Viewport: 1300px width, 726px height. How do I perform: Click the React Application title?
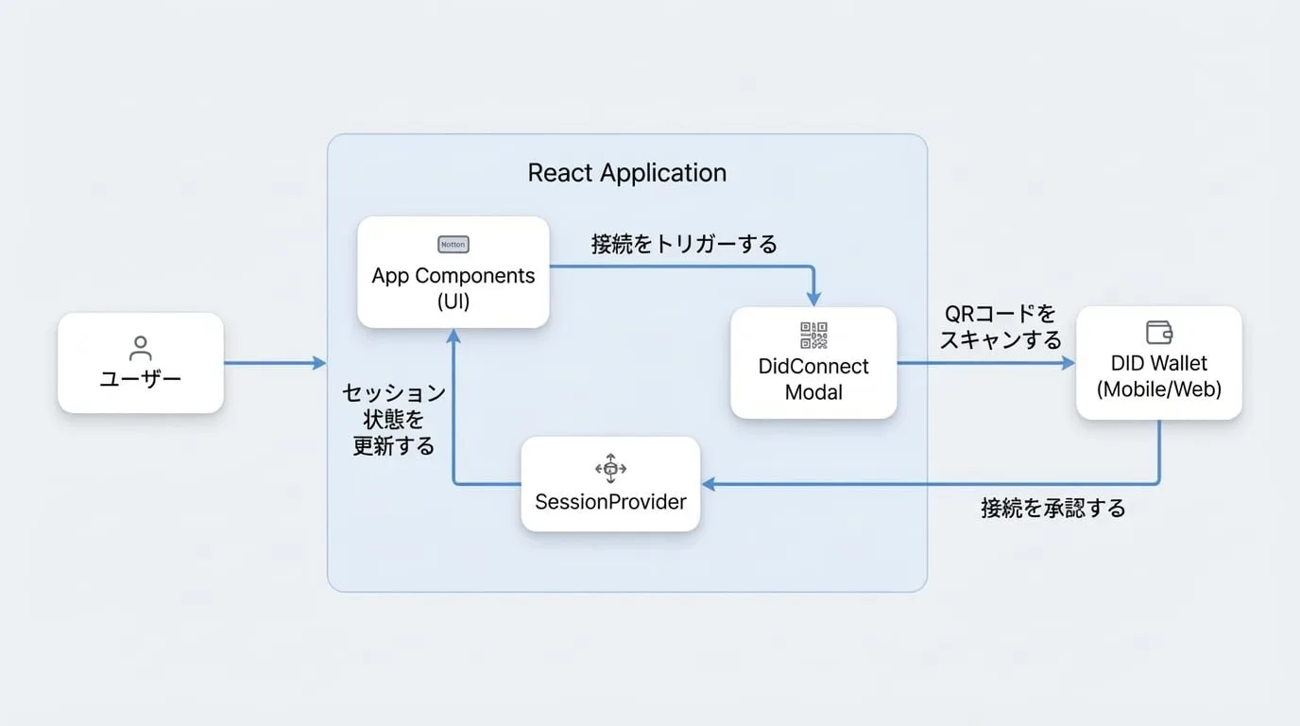pyautogui.click(x=626, y=173)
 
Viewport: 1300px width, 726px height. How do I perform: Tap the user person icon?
pyautogui.click(x=141, y=349)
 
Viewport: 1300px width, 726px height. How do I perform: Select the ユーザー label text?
pyautogui.click(x=141, y=379)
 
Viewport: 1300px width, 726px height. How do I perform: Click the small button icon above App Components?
pyautogui.click(x=453, y=245)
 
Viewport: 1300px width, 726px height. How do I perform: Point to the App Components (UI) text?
pyautogui.click(x=453, y=288)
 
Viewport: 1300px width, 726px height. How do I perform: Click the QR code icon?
pyautogui.click(x=813, y=336)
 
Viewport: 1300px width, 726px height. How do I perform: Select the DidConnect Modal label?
pyautogui.click(x=813, y=379)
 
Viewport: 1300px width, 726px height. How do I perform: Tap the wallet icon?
pyautogui.click(x=1159, y=333)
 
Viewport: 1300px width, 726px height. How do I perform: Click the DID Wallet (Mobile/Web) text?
pyautogui.click(x=1159, y=376)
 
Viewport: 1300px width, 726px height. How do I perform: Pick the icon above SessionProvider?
pyautogui.click(x=610, y=468)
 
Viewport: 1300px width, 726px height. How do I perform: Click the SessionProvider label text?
pyautogui.click(x=610, y=502)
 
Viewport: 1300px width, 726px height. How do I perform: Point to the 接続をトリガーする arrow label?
pyautogui.click(x=684, y=244)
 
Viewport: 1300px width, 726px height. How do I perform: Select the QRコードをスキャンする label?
pyautogui.click(x=1001, y=326)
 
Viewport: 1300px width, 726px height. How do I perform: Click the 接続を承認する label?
pyautogui.click(x=1053, y=509)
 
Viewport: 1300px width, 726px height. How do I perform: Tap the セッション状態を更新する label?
pyautogui.click(x=394, y=420)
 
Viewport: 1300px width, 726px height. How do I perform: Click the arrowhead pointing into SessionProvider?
pyautogui.click(x=708, y=484)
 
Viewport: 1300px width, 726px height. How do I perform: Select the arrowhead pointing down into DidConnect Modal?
pyautogui.click(x=813, y=299)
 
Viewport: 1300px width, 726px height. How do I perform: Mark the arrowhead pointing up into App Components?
pyautogui.click(x=453, y=336)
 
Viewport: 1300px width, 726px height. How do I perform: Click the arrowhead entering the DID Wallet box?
pyautogui.click(x=1069, y=363)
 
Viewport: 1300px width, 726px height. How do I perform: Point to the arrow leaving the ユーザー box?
pyautogui.click(x=275, y=363)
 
